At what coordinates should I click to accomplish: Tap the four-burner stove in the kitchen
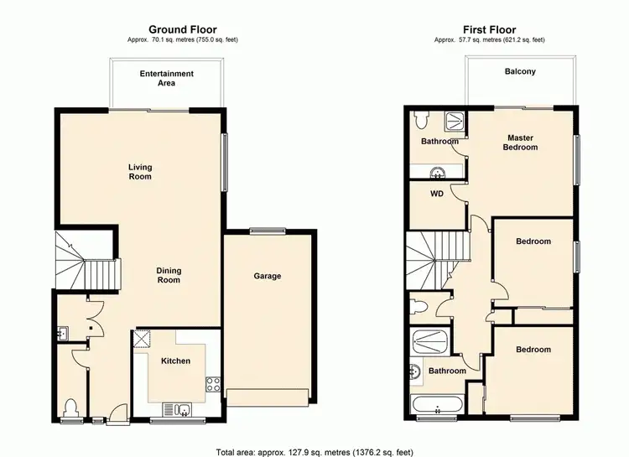[x=213, y=386]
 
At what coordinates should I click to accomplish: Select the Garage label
[x=268, y=276]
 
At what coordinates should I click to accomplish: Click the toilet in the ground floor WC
[x=70, y=407]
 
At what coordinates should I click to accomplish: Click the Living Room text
[x=140, y=172]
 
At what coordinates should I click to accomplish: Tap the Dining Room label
[x=169, y=275]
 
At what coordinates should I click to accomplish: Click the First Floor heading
[x=491, y=29]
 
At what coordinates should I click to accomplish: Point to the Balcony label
[x=520, y=72]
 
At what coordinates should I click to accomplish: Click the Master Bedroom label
[x=520, y=142]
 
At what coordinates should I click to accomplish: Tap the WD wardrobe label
[x=436, y=194]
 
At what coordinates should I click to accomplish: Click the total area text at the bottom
[x=314, y=450]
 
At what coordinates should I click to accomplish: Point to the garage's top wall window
[x=268, y=231]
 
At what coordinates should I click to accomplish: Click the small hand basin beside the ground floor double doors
[x=61, y=333]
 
